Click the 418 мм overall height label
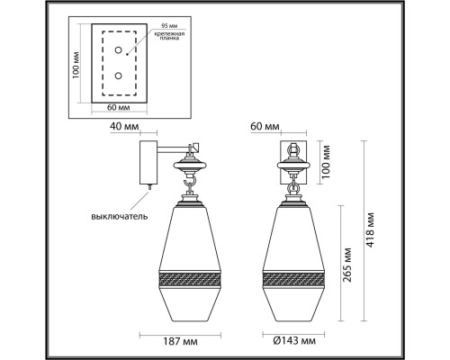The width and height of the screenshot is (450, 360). (x=371, y=229)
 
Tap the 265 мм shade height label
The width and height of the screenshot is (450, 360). (x=346, y=265)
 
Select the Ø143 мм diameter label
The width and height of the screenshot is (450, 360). (x=294, y=341)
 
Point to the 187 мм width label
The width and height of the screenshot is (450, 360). (x=180, y=341)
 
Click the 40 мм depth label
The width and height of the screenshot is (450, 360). (x=124, y=126)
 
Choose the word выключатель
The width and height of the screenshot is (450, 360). (x=120, y=216)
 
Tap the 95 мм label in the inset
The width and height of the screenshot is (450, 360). (x=169, y=26)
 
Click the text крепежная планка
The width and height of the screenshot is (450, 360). (x=169, y=36)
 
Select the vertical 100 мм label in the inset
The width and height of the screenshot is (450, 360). (x=76, y=66)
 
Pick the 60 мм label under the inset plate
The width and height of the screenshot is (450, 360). (x=119, y=107)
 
